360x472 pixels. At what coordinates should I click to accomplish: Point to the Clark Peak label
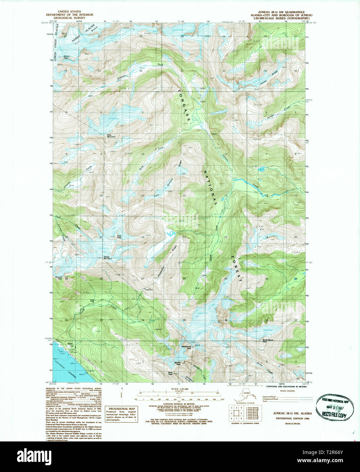(x=119, y=237)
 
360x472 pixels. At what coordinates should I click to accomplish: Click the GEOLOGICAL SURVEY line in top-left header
(x=64, y=19)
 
